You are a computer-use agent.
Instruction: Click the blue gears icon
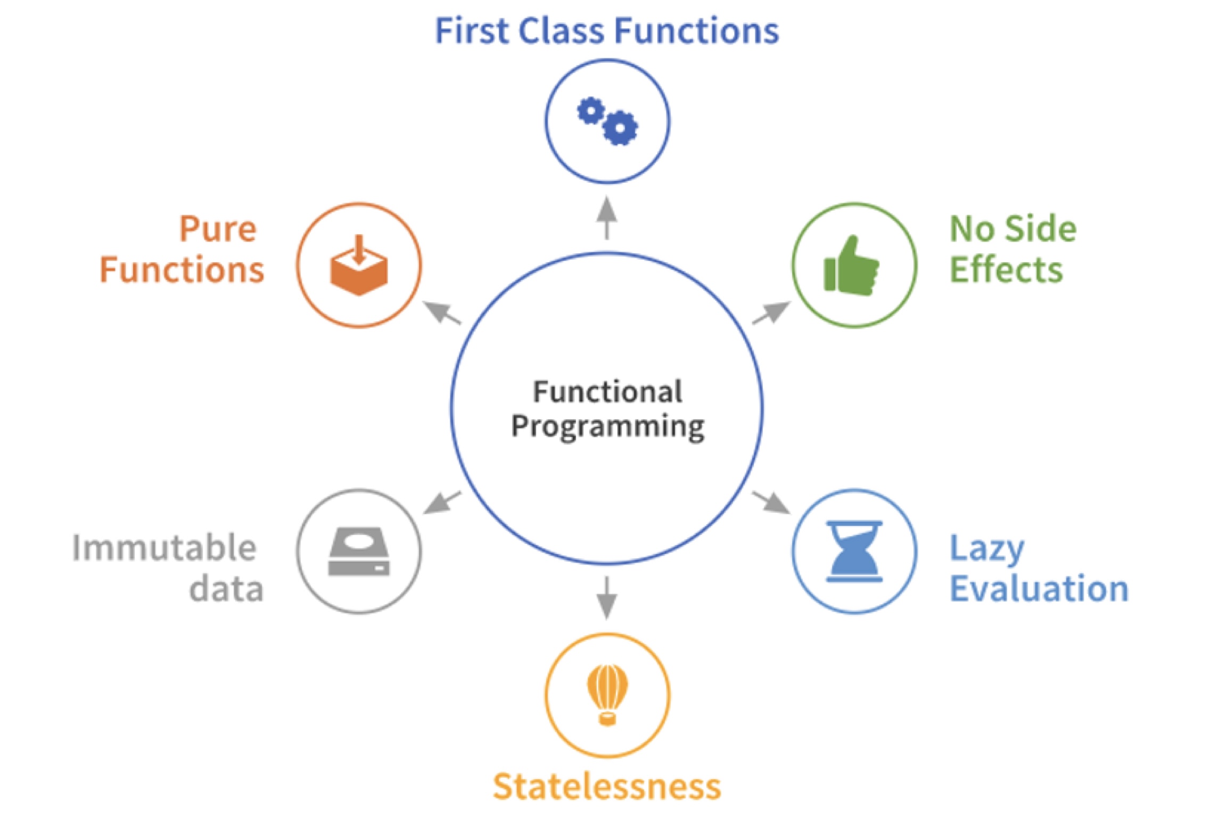607,121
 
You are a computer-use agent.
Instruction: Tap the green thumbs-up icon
851,266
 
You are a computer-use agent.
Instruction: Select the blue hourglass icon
854,551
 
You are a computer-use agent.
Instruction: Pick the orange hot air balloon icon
607,694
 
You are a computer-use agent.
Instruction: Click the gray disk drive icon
359,551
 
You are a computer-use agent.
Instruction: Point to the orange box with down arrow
359,266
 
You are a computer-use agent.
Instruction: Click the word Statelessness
607,787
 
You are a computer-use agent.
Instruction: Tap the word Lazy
987,549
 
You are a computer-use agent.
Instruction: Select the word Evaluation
1039,589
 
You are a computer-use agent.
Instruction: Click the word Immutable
165,548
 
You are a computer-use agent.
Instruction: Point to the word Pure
218,229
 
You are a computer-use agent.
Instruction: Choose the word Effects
1006,269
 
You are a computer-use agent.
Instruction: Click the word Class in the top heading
561,31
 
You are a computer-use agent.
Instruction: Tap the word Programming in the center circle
607,427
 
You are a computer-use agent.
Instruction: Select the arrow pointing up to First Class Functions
607,218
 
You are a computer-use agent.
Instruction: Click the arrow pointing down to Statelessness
607,598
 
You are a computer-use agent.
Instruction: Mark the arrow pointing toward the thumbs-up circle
771,312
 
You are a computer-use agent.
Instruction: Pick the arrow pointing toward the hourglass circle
771,502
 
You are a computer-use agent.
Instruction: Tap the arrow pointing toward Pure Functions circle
442,312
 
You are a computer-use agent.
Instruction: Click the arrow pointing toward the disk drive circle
442,502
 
